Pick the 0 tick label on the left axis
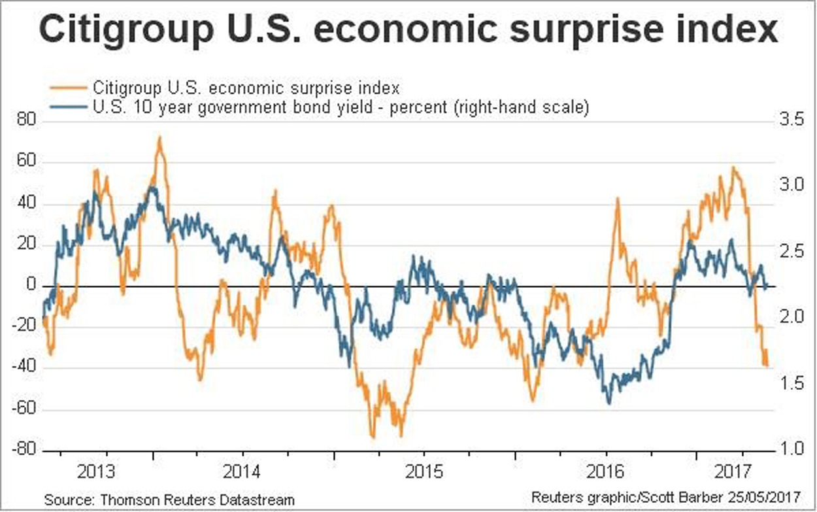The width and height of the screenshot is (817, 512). pos(30,286)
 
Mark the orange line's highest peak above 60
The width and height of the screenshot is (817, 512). pos(159,138)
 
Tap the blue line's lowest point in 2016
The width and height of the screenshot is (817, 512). pos(609,403)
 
